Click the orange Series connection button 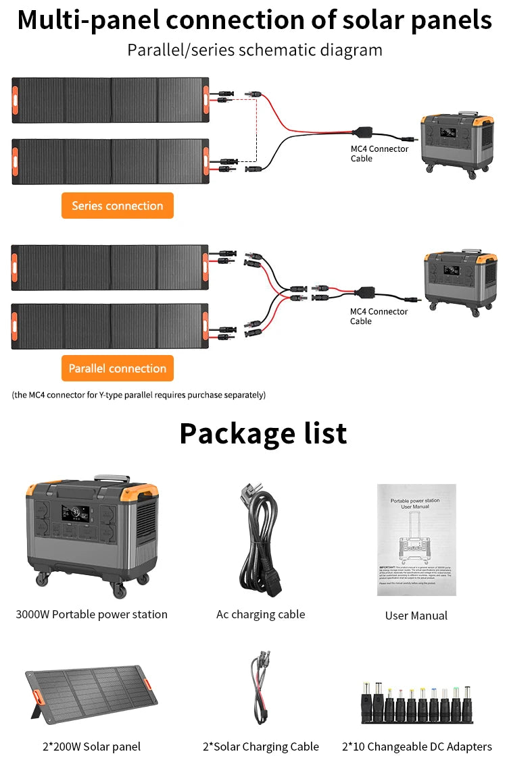pos(118,206)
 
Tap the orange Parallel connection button pos(118,369)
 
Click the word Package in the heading pos(230,433)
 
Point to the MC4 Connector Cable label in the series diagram pos(379,153)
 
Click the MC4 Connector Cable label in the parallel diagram pos(379,316)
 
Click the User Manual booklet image pos(416,539)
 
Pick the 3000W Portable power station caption pos(91,614)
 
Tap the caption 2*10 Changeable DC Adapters pos(417,746)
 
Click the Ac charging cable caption pos(260,614)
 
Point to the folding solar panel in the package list pos(91,695)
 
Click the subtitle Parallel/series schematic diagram pos(255,50)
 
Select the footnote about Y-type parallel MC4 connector pos(139,395)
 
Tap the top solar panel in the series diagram pos(110,100)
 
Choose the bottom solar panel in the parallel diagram pos(110,326)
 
